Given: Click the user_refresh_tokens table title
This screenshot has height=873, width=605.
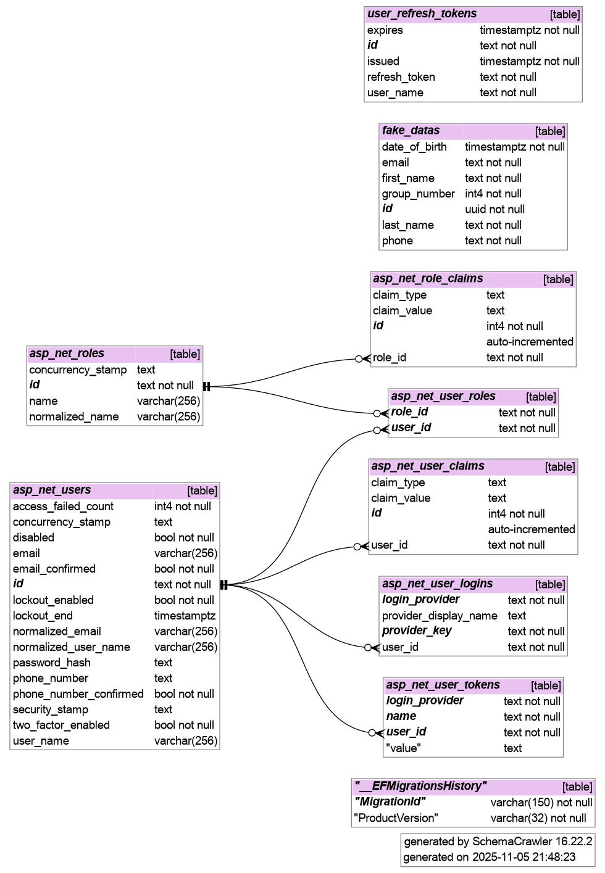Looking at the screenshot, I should click(422, 14).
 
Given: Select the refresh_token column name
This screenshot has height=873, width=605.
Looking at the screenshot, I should click(401, 77).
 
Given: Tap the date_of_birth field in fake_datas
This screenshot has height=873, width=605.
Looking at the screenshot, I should click(414, 147).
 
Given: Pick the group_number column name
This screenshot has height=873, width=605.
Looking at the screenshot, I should click(418, 194).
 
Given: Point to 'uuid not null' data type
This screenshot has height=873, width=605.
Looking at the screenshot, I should click(494, 209).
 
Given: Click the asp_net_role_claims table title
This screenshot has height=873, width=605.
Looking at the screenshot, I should click(428, 278).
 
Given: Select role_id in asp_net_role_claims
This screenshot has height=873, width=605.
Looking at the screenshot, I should click(390, 357).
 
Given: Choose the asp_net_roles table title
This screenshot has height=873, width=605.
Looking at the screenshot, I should click(67, 354).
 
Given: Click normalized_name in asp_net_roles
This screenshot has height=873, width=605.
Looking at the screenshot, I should click(73, 416).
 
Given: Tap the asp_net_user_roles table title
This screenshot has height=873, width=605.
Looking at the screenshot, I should click(443, 396).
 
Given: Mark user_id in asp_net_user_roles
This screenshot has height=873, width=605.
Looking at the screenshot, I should click(411, 428).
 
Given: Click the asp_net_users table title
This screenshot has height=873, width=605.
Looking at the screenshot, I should click(52, 490).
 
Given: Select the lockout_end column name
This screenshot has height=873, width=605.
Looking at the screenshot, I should click(43, 616).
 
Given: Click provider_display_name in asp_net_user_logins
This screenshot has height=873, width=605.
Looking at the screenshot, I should click(439, 616).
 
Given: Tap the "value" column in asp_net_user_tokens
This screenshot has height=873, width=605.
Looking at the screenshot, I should click(403, 748).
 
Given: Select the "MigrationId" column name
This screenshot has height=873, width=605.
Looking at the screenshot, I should click(390, 801).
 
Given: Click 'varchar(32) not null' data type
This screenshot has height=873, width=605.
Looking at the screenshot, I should click(538, 818).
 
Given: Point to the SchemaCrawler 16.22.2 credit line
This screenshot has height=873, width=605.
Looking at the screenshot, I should click(498, 841).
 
